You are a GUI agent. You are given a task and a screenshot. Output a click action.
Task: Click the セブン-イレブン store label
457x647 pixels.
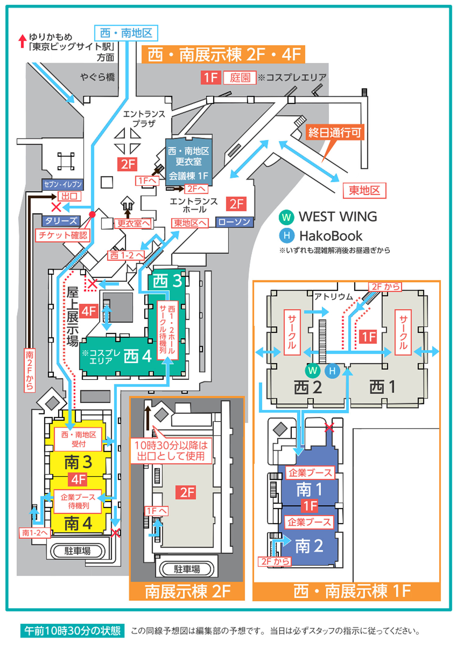[x=63, y=184]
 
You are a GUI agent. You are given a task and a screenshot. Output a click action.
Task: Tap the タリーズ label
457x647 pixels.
[x=61, y=221]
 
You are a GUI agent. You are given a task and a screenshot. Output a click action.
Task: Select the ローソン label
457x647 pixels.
[x=234, y=222]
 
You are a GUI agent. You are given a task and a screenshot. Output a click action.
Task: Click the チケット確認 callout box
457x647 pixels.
[x=63, y=235]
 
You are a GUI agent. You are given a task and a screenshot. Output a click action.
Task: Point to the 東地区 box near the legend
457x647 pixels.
[x=364, y=191]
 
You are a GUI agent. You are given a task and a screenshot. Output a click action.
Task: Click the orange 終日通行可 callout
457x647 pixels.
[x=335, y=133]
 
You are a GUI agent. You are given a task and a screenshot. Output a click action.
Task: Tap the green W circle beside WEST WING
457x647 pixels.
[x=286, y=217]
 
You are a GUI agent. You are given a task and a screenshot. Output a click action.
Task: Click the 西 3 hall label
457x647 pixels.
[x=167, y=281]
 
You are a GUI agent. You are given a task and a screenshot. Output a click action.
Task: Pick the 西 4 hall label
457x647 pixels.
[x=138, y=356]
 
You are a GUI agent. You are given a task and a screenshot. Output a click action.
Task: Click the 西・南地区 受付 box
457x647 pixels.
[x=78, y=439]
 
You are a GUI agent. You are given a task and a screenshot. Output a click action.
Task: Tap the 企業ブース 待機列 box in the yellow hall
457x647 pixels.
[x=78, y=501]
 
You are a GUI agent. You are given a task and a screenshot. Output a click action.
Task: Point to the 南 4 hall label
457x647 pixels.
[x=78, y=524]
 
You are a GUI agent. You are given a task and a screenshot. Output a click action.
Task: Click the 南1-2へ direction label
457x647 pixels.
[x=35, y=533]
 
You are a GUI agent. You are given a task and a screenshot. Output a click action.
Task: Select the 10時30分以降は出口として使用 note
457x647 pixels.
[x=171, y=451]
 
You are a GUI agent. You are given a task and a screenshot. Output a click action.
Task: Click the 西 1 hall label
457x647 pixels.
[x=383, y=387]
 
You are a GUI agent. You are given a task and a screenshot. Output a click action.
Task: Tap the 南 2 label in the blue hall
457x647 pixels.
[x=309, y=546]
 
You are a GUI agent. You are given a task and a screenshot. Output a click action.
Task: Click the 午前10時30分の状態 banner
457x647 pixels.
[x=73, y=631]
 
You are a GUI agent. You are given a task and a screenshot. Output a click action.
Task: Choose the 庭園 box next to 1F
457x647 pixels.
[x=240, y=78]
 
